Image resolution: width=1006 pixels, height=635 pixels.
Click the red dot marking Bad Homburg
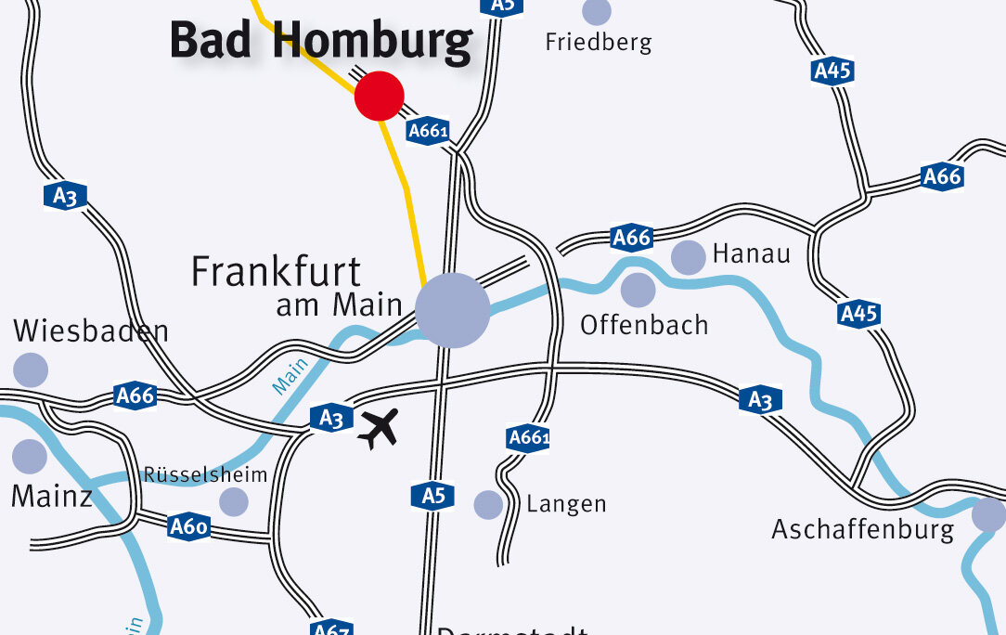380,96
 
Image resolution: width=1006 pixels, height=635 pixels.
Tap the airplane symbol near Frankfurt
379,428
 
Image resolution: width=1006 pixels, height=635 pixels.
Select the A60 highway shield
188,527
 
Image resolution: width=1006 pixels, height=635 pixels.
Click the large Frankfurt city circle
453,310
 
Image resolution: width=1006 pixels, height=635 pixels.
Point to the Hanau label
751,253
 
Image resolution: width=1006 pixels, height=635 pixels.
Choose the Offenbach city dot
638,290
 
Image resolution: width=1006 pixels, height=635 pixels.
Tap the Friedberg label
599,42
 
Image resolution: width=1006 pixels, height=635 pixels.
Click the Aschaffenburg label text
863,530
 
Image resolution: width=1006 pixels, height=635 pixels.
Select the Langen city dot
488,504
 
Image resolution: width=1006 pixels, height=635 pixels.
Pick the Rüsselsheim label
205,474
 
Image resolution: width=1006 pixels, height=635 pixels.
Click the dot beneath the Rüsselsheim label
234,501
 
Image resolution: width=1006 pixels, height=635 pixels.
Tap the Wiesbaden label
91,331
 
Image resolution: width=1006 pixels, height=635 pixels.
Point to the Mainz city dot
30,456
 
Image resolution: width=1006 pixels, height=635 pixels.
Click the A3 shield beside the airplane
331,418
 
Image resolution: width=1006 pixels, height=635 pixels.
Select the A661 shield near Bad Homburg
429,131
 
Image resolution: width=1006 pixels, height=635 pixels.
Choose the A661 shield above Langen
529,438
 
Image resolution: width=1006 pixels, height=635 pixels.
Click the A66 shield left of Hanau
631,238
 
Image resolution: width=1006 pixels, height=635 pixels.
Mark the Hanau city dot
688,257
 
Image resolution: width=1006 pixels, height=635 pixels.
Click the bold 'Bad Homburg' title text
321,42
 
